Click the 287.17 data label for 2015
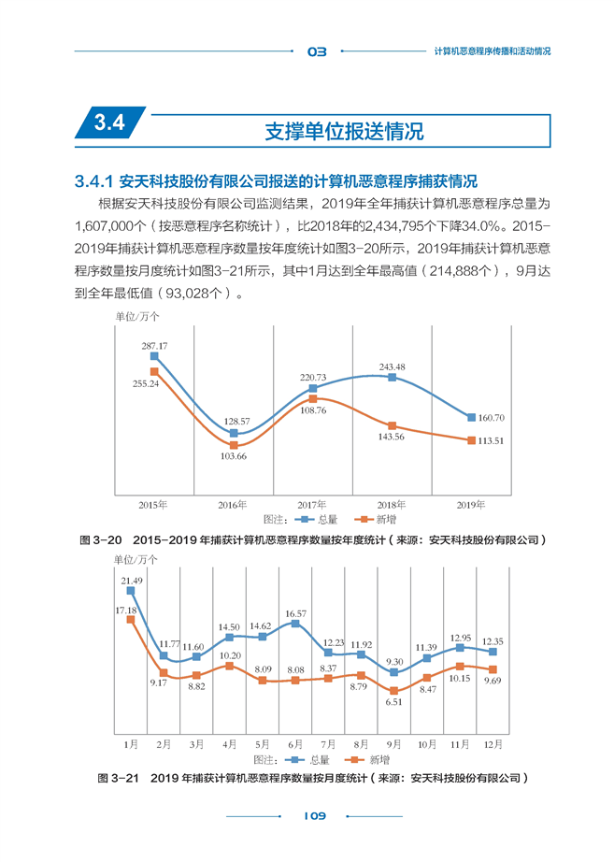click(x=154, y=346)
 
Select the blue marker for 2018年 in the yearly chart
click(x=392, y=377)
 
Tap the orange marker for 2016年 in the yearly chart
click(x=234, y=445)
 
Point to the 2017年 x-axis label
click(x=311, y=505)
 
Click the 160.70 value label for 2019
click(x=491, y=418)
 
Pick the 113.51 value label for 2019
click(x=491, y=441)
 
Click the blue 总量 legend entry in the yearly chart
click(x=317, y=520)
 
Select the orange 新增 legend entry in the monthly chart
click(x=366, y=760)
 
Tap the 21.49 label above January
click(x=132, y=581)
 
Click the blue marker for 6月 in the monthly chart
click(x=295, y=624)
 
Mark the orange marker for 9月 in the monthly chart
click(x=393, y=691)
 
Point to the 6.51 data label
click(x=393, y=702)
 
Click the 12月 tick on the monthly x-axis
click(x=493, y=744)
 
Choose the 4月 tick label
click(x=229, y=744)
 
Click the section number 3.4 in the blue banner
click(x=109, y=122)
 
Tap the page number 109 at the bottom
click(x=314, y=816)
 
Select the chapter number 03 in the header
click(x=317, y=51)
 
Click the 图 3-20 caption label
click(x=101, y=539)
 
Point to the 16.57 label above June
click(x=295, y=613)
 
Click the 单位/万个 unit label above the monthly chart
click(x=136, y=560)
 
